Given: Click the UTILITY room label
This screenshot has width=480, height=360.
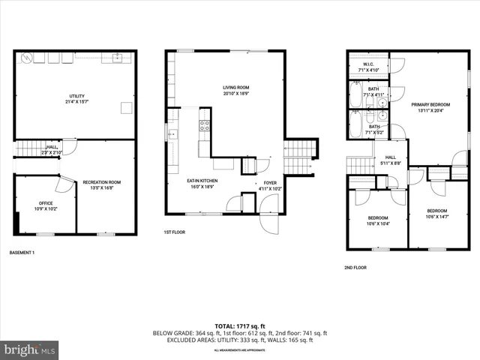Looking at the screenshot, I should (77, 96).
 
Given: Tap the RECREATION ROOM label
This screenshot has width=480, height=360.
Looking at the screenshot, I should (101, 182).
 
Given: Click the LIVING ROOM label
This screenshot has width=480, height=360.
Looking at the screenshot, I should (235, 88).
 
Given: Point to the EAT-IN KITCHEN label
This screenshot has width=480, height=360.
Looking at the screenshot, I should (202, 181).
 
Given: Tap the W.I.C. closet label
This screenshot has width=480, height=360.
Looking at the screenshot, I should (369, 64).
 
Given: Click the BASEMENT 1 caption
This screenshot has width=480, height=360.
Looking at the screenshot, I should (22, 253).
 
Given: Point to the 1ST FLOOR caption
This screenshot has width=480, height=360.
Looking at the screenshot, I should (174, 232).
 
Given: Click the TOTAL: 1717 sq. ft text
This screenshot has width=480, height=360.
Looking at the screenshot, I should (240, 325).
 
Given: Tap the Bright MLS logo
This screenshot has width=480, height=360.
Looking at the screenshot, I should (30, 350).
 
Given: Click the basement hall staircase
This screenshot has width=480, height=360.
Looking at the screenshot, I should (28, 148).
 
